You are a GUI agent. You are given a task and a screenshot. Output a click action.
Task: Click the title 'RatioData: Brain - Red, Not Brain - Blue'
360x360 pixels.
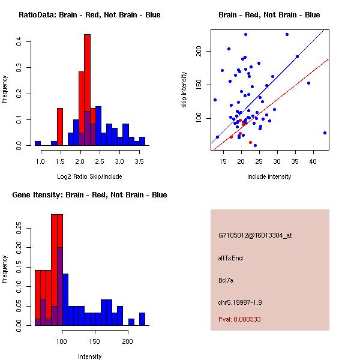pos(89,15)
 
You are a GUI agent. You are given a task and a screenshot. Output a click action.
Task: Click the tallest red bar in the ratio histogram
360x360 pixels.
pos(87,84)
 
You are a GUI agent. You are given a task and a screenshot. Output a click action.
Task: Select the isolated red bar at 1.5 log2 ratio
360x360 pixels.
pos(60,127)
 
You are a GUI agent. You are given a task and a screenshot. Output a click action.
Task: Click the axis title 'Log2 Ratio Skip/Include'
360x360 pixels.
pos(89,176)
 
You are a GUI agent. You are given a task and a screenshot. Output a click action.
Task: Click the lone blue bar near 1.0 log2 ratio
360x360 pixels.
pos(38,143)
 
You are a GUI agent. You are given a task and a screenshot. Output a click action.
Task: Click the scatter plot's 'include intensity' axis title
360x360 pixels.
pos(269,176)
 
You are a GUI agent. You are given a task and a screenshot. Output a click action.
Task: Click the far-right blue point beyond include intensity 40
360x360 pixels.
pos(325,133)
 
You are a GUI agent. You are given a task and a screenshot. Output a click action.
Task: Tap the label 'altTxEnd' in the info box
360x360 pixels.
pos(230,258)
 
